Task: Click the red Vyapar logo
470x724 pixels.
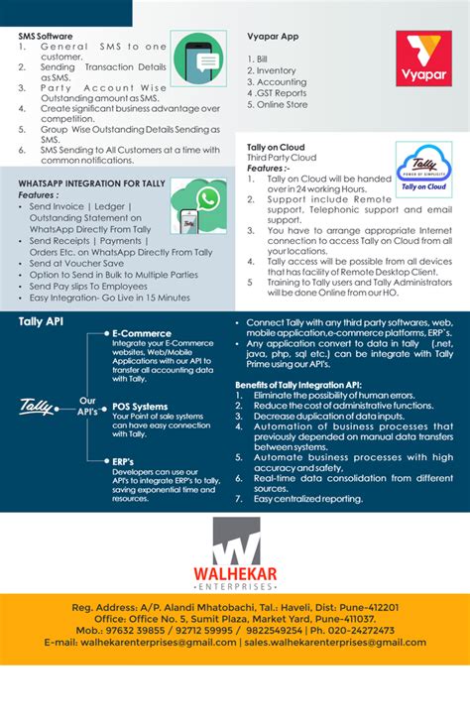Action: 423,58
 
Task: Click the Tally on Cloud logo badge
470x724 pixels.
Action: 423,169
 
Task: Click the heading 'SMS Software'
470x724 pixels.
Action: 45,36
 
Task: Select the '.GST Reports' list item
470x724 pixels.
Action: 281,93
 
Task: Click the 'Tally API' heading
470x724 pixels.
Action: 42,321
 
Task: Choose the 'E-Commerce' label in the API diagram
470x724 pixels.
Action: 141,334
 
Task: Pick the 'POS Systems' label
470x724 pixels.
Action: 140,407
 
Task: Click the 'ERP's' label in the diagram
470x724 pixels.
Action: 123,461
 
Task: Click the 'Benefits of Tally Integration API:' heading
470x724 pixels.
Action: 297,384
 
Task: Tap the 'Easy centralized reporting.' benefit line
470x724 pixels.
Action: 308,499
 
